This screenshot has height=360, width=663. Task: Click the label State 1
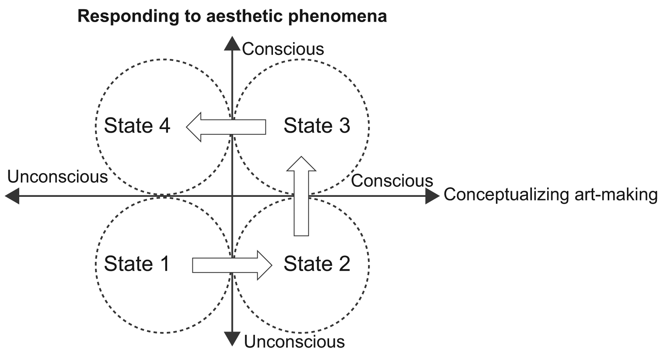(x=137, y=264)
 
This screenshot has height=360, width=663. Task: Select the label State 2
(x=317, y=264)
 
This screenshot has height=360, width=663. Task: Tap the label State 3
(x=317, y=125)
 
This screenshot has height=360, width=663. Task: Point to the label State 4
(x=137, y=125)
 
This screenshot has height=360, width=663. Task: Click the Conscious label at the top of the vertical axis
(x=283, y=49)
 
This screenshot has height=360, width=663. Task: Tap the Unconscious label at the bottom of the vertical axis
(x=294, y=342)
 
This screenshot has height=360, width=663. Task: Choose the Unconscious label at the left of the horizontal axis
(x=58, y=177)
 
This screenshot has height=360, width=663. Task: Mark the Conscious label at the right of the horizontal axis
(x=392, y=181)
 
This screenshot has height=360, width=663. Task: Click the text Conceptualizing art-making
(x=550, y=194)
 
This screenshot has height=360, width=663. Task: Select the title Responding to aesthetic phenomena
(x=232, y=16)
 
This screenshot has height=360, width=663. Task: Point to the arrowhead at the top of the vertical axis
(x=232, y=43)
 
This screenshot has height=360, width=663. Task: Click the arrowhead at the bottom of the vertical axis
(x=232, y=339)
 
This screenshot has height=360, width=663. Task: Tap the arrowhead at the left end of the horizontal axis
(x=12, y=196)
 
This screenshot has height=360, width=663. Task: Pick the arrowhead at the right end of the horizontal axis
(x=433, y=196)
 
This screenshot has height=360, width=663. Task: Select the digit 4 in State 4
(x=164, y=125)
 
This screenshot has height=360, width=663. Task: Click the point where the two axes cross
(x=232, y=196)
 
